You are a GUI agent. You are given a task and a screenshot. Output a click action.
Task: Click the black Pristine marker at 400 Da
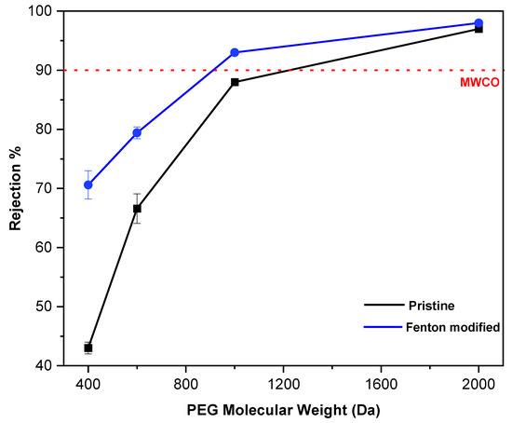click(88, 348)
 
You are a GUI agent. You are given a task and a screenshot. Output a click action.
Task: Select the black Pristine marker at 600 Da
click(137, 209)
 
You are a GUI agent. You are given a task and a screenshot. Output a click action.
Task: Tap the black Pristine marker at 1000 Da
click(235, 82)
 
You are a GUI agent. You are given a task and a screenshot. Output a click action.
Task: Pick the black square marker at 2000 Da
click(478, 29)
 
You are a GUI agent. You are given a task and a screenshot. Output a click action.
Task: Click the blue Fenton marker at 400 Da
click(88, 184)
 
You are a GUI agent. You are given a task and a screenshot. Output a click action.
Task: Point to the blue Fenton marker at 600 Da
click(137, 133)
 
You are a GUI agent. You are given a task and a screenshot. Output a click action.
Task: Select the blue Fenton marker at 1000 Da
click(235, 52)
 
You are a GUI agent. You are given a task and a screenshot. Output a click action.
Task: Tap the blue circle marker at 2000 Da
click(478, 23)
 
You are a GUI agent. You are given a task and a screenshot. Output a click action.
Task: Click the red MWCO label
click(478, 83)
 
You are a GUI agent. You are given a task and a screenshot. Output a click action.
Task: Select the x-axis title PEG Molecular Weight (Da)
click(283, 408)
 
